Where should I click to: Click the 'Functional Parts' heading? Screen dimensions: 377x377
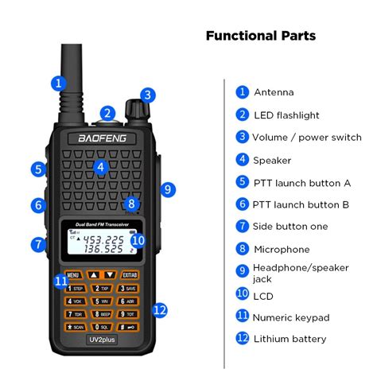point(260,36)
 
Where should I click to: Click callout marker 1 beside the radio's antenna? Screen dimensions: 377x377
point(57,82)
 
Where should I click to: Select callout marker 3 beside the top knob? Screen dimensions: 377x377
point(146,95)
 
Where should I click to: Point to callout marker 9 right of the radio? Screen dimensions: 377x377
point(166,189)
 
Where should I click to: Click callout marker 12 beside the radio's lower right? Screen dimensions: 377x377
point(160,309)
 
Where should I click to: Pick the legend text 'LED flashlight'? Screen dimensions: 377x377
point(286,115)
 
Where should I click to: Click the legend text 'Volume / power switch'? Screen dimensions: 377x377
point(307,138)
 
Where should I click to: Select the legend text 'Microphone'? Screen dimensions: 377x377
point(281,250)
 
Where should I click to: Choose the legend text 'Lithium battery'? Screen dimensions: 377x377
point(290,339)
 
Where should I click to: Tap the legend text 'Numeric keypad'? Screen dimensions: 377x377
point(291,317)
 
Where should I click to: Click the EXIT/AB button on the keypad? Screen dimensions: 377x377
point(130,274)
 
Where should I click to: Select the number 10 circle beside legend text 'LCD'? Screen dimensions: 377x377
point(243,293)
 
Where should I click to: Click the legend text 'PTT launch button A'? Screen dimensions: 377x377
point(301,182)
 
